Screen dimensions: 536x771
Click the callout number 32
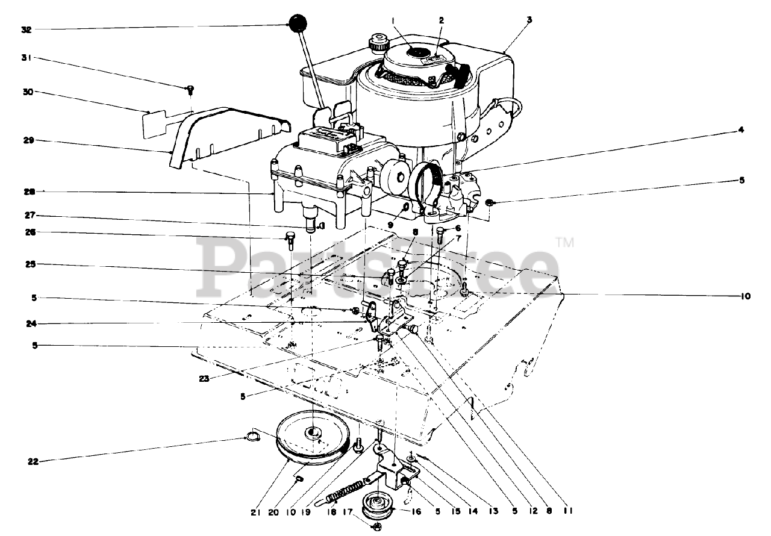[x=27, y=28]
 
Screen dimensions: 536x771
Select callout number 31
[x=27, y=58]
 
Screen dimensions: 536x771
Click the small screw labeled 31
[x=190, y=89]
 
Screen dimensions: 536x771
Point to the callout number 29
[x=27, y=140]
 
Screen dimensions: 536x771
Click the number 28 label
[x=27, y=192]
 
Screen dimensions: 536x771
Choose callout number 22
[x=33, y=462]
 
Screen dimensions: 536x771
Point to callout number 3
[x=529, y=20]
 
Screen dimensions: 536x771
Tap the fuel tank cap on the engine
[x=379, y=43]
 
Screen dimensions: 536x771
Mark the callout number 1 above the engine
[x=392, y=20]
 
